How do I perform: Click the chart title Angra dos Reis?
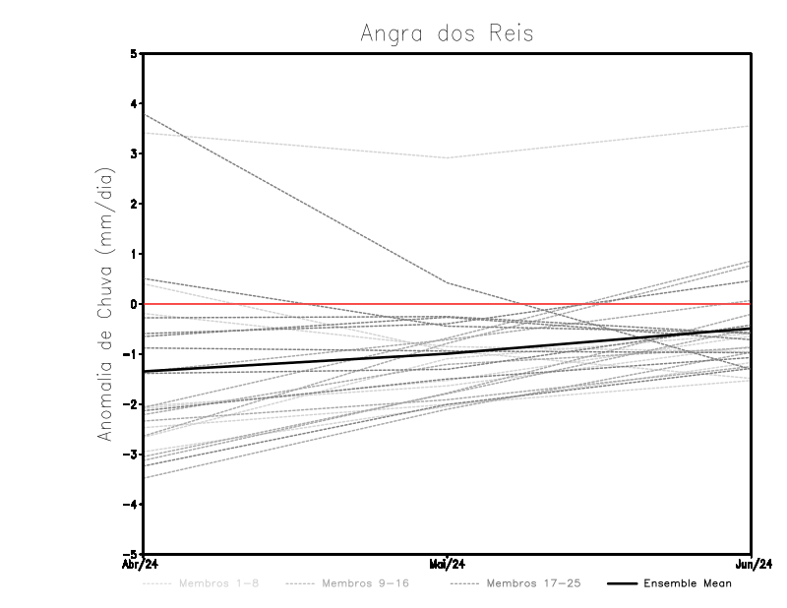click(447, 33)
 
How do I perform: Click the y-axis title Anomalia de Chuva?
click(105, 303)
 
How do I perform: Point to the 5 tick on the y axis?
click(133, 53)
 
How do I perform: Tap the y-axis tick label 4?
click(133, 103)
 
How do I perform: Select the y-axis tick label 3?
click(133, 153)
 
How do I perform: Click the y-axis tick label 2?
click(133, 204)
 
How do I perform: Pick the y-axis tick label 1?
click(133, 254)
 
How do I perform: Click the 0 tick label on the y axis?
click(133, 304)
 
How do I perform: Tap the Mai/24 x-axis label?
click(448, 564)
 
